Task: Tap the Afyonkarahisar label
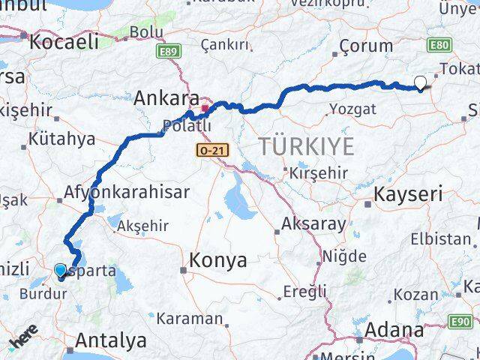coord(127,191)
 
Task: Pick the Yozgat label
coord(352,109)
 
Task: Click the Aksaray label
coord(313,223)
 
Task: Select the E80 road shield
coord(439,46)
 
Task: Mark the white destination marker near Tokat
coord(421,84)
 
